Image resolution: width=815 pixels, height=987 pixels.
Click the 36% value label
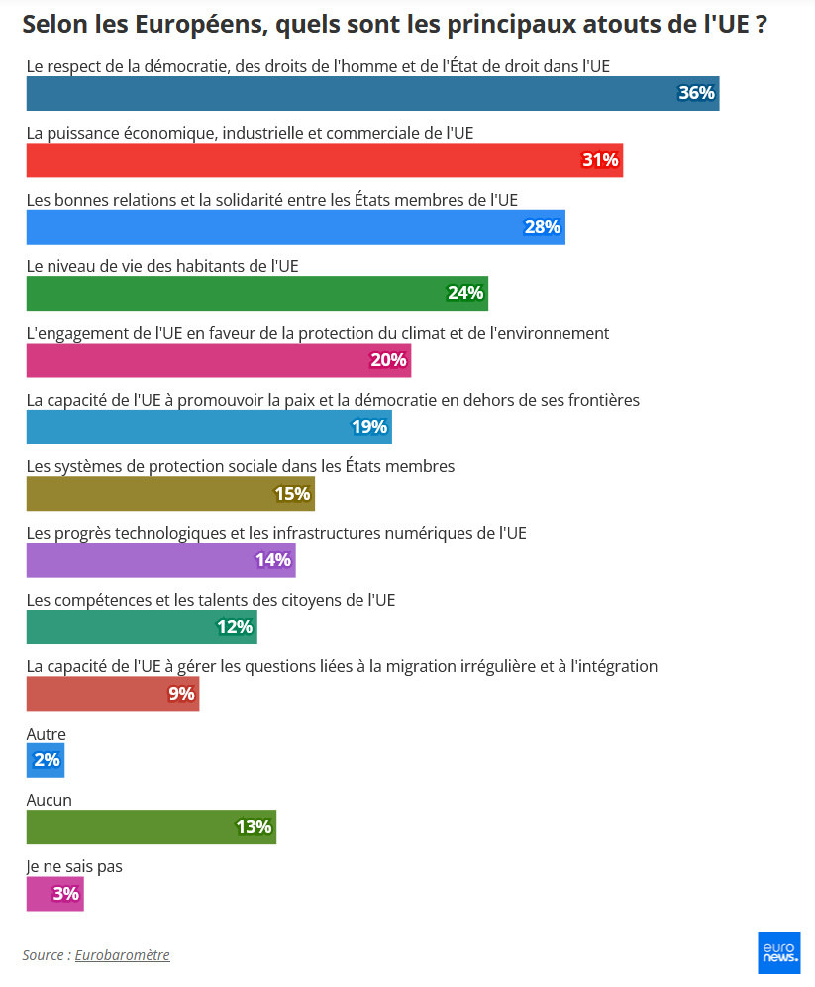pos(696,93)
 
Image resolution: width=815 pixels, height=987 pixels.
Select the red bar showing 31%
pos(324,160)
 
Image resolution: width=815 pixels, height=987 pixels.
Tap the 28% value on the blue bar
pos(542,227)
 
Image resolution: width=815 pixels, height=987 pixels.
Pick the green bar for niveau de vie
pos(256,293)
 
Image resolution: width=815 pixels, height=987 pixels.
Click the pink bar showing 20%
pos(218,360)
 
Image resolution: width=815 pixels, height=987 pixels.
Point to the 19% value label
pos(369,427)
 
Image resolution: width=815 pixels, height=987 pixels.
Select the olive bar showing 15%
pos(169,493)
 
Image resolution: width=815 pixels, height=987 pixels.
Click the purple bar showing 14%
pos(160,560)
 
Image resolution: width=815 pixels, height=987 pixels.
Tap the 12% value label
pos(236,627)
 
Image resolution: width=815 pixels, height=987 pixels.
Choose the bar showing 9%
pos(112,693)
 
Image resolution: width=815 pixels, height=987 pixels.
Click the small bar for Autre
pos(46,760)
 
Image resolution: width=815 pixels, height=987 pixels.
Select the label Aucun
pos(50,800)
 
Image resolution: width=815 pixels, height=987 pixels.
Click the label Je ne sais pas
pos(74,866)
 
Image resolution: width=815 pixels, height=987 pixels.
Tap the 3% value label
pos(65,894)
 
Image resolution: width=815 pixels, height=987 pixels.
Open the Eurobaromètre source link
pos(123,955)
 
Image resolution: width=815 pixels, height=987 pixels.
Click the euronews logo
pos(778,952)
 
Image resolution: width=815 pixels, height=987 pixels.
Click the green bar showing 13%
pos(151,827)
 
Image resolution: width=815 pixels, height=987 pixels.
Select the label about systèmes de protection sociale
pos(241,466)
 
